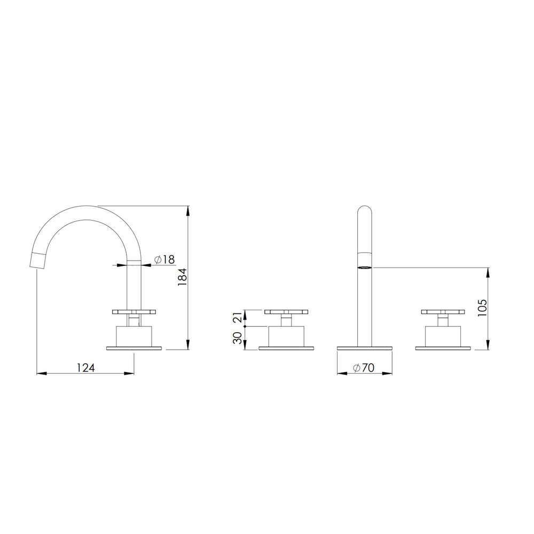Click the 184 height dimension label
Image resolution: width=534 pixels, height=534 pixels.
(x=183, y=277)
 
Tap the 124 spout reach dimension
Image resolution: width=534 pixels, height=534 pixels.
(x=85, y=368)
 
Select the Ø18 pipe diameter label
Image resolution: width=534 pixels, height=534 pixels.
(x=164, y=260)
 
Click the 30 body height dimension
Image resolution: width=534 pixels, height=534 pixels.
(x=238, y=338)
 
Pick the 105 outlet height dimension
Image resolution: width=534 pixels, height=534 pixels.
(x=482, y=308)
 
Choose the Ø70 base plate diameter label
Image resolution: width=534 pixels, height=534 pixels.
(x=364, y=368)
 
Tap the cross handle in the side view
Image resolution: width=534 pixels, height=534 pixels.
(x=134, y=312)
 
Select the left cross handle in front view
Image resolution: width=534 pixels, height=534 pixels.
(x=286, y=312)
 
